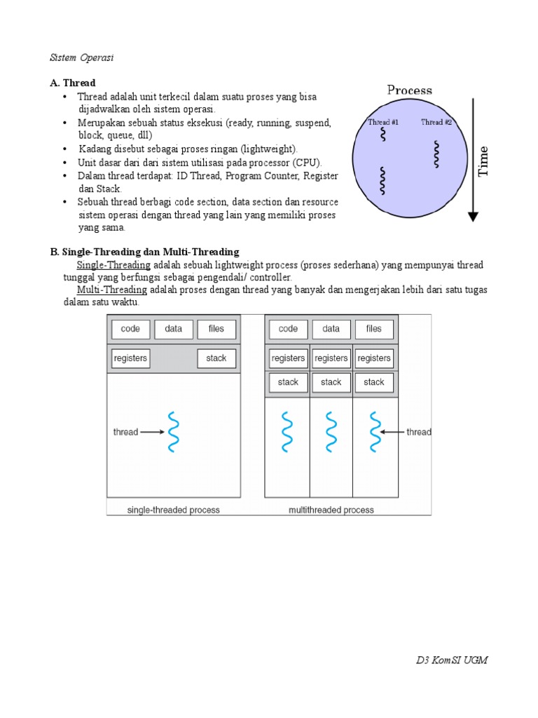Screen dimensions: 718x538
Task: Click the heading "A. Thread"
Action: (x=73, y=83)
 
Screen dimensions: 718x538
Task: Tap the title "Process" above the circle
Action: (x=410, y=90)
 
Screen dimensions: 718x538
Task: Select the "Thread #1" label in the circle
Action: (x=383, y=122)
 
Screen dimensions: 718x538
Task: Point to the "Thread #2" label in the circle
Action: (x=436, y=122)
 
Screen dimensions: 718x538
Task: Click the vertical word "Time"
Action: (x=483, y=161)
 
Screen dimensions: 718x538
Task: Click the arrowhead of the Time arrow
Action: (x=474, y=217)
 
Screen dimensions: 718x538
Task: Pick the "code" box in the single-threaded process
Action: (x=130, y=329)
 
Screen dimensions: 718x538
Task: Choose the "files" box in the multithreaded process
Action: (x=374, y=329)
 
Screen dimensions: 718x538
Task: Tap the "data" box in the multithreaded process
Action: (x=331, y=329)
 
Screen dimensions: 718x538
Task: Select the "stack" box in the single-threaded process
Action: (x=216, y=358)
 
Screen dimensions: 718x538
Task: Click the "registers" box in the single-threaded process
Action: (x=130, y=358)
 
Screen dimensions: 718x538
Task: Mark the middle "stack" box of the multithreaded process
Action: (x=331, y=382)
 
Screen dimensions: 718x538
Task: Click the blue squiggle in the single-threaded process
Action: (x=173, y=432)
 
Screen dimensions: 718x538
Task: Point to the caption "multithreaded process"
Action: (x=331, y=510)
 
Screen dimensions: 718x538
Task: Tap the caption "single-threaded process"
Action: (x=173, y=510)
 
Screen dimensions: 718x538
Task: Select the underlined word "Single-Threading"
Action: (x=113, y=265)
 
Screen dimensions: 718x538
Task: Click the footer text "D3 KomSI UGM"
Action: (x=452, y=661)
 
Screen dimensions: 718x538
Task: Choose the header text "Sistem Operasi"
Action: (x=81, y=57)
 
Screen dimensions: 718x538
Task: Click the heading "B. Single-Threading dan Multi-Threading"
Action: (x=144, y=252)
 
